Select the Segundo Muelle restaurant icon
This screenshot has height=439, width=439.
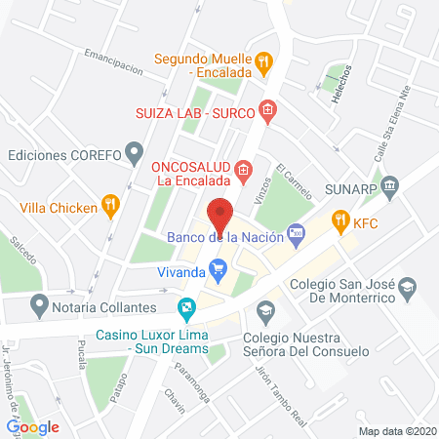tap(262, 62)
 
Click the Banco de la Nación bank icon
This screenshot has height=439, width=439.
tap(298, 234)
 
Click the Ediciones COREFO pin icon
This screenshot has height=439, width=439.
tap(135, 152)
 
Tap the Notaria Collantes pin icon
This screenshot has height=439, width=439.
tap(39, 305)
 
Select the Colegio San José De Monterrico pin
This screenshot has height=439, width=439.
tap(408, 286)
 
